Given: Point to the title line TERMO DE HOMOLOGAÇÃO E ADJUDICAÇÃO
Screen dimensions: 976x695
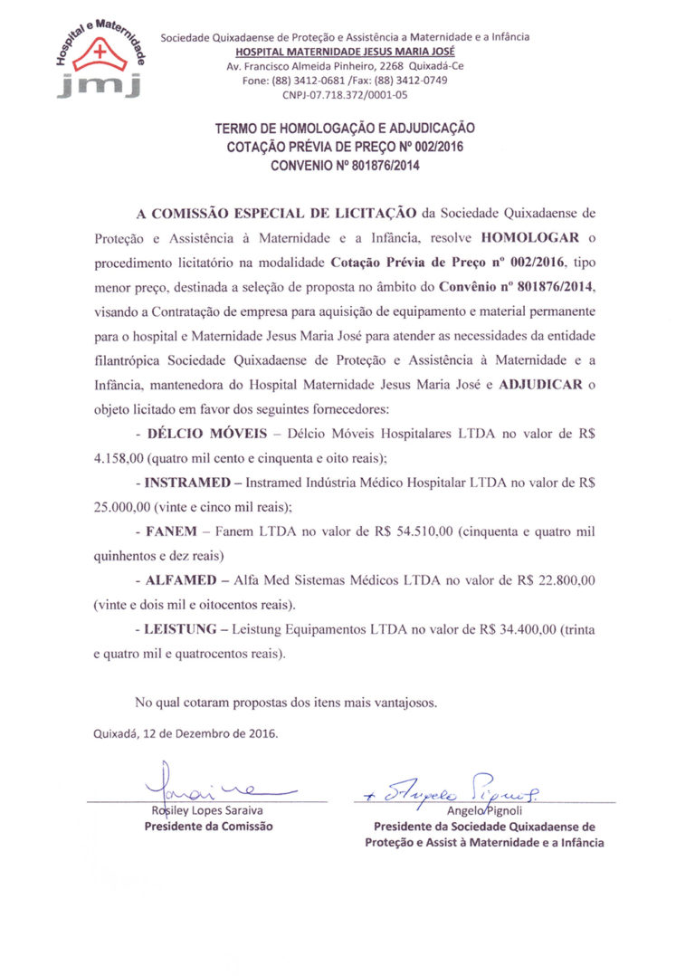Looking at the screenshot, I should tap(345, 129).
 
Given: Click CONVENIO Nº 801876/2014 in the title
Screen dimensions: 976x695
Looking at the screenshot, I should tap(345, 166).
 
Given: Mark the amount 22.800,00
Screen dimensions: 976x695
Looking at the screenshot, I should tap(563, 579).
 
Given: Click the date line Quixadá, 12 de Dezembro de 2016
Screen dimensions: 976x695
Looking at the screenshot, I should tap(186, 733).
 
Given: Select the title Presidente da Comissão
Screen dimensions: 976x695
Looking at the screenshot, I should tap(209, 826).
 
